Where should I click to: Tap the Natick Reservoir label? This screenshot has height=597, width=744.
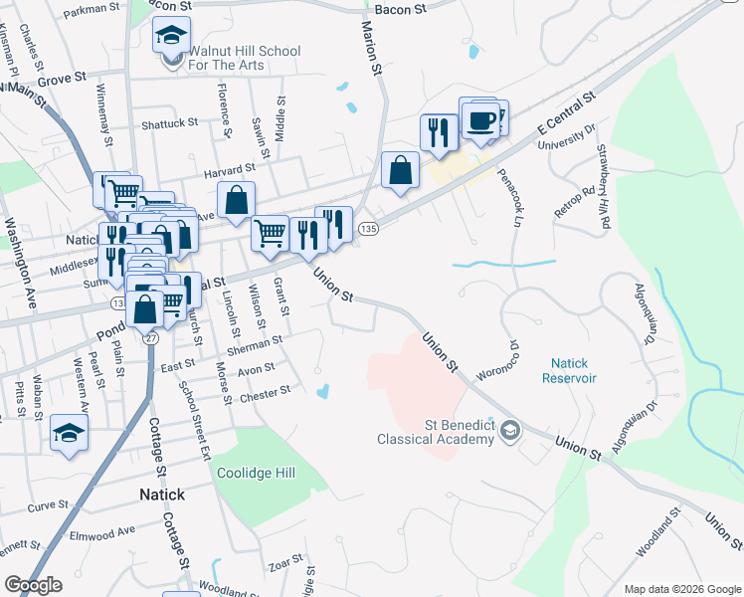tap(569, 371)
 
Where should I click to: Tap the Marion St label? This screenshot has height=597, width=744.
tap(372, 50)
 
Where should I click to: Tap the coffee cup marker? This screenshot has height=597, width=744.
tap(480, 121)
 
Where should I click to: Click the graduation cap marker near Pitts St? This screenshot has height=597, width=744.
tap(70, 433)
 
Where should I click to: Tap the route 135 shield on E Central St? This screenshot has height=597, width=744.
tap(369, 229)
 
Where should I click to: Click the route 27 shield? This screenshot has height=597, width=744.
tap(150, 337)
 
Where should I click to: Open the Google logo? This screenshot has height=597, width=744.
tap(33, 585)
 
